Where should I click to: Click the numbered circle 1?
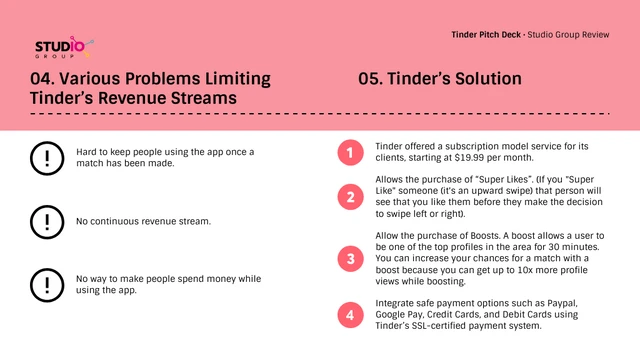[x=349, y=153]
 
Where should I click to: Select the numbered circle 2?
[x=349, y=197]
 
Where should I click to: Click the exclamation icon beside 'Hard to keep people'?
[x=45, y=158]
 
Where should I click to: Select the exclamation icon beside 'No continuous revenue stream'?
[x=45, y=219]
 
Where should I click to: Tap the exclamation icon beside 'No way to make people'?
[x=45, y=284]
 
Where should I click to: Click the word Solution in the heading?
[x=486, y=79]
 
